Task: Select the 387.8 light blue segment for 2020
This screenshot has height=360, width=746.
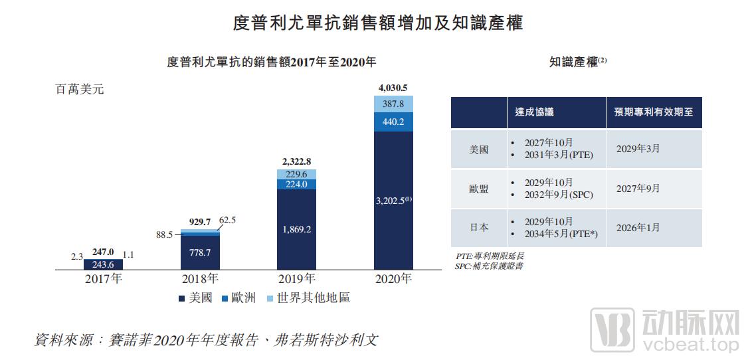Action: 393,104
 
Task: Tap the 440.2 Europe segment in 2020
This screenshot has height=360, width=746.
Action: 393,122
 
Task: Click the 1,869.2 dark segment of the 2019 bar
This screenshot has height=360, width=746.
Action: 296,229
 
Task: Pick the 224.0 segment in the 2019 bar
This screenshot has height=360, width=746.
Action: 296,185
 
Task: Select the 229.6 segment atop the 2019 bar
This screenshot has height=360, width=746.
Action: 296,174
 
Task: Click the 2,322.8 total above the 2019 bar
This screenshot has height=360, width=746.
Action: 296,161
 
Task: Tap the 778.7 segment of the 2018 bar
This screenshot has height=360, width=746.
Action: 199,252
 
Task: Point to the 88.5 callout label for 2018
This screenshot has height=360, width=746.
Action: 164,234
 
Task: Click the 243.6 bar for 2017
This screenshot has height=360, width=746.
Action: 103,264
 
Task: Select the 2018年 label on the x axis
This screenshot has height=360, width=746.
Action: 199,279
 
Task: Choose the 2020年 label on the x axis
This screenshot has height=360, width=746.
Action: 393,279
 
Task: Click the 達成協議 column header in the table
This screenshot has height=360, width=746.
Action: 534,112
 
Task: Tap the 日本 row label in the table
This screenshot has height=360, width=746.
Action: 478,227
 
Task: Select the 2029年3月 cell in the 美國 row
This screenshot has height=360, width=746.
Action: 638,148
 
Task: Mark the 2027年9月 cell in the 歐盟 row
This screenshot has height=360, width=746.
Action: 638,188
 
